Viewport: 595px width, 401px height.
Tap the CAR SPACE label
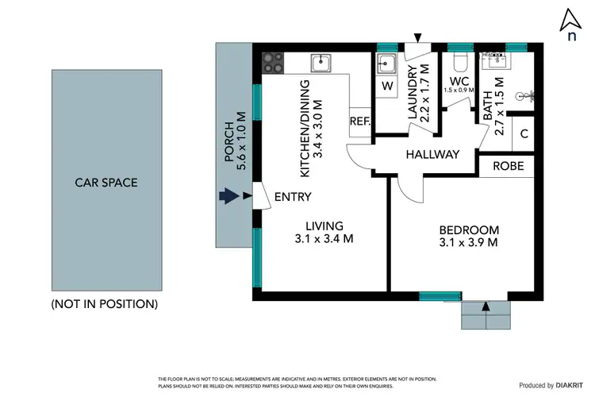(x=106, y=183)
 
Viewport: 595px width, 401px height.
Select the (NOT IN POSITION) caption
(x=104, y=304)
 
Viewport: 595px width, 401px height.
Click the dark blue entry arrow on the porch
(x=229, y=196)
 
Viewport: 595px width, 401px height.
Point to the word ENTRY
(x=293, y=197)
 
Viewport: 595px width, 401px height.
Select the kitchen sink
(x=321, y=62)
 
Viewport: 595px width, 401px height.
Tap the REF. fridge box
(x=359, y=121)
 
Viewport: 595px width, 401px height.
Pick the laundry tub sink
(x=386, y=64)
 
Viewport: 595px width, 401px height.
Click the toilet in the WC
(x=459, y=62)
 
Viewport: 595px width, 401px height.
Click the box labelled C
(x=524, y=133)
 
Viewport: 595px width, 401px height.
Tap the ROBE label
(x=508, y=167)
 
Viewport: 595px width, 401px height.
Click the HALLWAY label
(x=432, y=155)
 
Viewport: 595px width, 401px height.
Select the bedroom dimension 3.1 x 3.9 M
(x=469, y=242)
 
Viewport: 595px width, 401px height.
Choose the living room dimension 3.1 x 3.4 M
(x=324, y=237)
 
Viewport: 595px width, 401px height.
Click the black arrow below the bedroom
(x=485, y=305)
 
